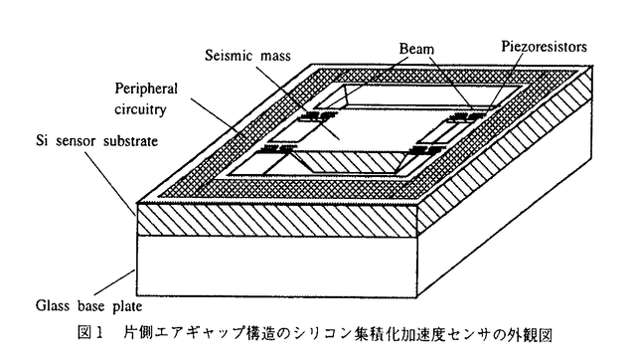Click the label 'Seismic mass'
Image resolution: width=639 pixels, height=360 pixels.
[247, 56]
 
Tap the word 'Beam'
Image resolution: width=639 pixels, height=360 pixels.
[416, 49]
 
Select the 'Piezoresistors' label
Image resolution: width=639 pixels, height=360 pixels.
[544, 47]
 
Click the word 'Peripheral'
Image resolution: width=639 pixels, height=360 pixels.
[146, 89]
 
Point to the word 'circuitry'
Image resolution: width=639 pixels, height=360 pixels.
[140, 108]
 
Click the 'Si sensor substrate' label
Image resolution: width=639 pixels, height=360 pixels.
[96, 141]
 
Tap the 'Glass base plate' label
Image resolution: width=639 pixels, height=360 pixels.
[88, 305]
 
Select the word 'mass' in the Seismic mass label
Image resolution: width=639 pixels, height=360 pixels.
[275, 56]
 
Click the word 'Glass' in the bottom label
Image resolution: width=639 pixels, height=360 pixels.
[52, 305]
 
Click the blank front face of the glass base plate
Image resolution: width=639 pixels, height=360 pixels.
[277, 266]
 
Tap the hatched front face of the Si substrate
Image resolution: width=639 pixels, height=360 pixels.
[278, 220]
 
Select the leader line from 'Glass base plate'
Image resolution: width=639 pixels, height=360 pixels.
[114, 282]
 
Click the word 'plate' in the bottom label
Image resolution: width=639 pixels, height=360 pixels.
[127, 306]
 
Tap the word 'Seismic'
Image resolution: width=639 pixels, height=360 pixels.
[229, 56]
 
